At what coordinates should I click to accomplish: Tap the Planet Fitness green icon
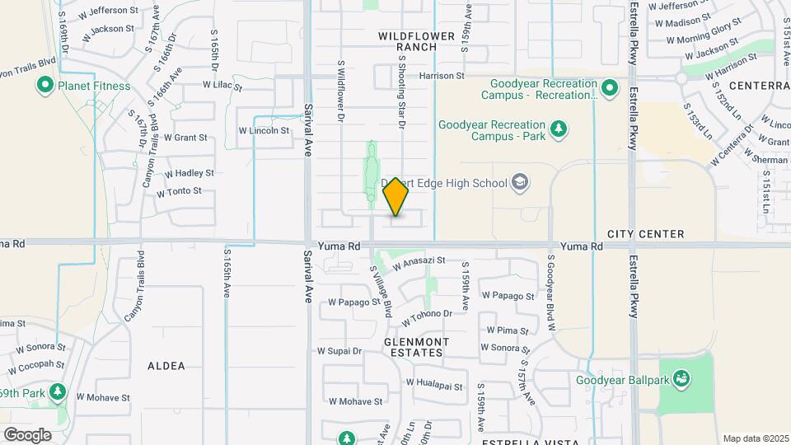click(x=44, y=86)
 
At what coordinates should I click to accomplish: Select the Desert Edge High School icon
click(x=520, y=181)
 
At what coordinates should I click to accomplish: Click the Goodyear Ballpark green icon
click(x=681, y=379)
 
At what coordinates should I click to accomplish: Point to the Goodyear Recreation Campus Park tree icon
click(x=559, y=129)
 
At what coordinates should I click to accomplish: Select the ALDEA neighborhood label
click(x=166, y=365)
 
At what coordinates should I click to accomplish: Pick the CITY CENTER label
click(x=646, y=234)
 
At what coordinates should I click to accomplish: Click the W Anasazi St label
click(x=419, y=263)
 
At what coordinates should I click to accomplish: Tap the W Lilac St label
click(x=223, y=86)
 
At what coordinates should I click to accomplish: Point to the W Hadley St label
click(x=190, y=174)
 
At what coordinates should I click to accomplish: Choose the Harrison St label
click(x=442, y=76)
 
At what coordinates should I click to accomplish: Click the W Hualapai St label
click(x=434, y=384)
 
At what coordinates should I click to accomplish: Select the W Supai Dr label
click(x=340, y=350)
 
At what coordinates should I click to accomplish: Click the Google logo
click(x=28, y=434)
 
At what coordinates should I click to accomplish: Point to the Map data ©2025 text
click(x=755, y=438)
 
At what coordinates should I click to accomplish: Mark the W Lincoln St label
click(x=264, y=130)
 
